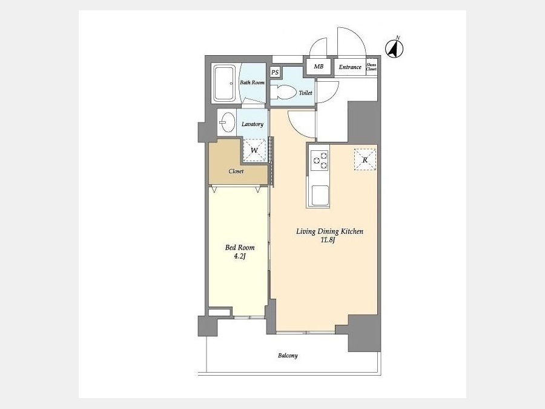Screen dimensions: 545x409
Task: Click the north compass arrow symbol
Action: coord(394,48)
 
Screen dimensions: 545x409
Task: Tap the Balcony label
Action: coord(288,356)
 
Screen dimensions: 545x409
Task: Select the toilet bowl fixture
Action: coord(282,92)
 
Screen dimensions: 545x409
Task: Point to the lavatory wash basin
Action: coord(227,122)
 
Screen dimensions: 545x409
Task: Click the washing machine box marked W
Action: coord(254,151)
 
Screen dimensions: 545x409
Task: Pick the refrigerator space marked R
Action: coord(365,159)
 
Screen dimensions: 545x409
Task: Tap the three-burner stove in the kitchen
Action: coord(319,161)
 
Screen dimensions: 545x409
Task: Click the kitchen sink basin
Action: coord(320,196)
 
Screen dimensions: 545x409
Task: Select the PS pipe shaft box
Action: coord(275,72)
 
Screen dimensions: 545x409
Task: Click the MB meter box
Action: coord(319,67)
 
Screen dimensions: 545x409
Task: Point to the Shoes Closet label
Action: coord(371,67)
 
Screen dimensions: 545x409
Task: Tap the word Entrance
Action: coord(350,67)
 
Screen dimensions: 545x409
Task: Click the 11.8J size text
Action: coord(328,240)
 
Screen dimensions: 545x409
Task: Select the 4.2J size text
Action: coord(239,257)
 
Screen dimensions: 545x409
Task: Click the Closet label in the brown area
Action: coord(236,171)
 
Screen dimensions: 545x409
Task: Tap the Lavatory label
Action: coord(253,124)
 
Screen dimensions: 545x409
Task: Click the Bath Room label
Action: coord(253,82)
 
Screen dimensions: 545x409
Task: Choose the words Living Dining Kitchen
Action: coord(329,231)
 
